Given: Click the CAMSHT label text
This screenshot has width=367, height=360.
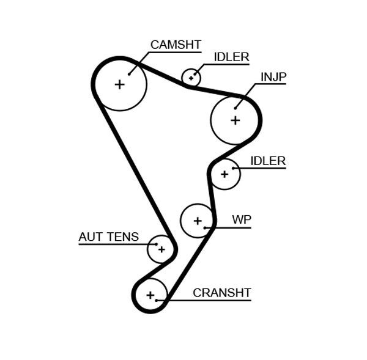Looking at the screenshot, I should pos(176,44).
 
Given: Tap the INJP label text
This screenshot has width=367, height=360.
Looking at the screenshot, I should pos(273,76).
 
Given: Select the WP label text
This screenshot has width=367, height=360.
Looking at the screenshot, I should pos(242,220).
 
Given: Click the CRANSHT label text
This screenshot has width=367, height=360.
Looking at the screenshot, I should pos(221,293).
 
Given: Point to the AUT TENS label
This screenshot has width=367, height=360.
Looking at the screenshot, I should pos(108,237).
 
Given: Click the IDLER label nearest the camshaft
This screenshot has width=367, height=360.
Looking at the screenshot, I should pos(231,57).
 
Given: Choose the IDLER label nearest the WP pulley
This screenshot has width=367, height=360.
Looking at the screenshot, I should pos(268,161).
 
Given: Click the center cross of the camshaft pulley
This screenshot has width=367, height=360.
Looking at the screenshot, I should pos(120,84).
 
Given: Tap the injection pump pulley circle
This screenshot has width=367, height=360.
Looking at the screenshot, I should pos(235,120).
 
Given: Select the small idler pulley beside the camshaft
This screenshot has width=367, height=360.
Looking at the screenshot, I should pos(191,78).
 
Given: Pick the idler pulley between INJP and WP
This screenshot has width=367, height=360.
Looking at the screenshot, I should pos(224,174).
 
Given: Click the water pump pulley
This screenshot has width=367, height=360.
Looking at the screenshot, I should pos(197,220).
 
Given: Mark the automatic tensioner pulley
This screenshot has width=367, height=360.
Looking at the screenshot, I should pos(161,249).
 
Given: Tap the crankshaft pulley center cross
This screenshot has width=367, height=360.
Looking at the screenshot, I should pos(150,295).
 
